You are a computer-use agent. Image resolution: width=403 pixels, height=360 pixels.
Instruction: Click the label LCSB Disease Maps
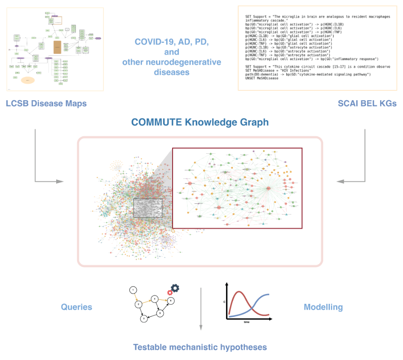pyautogui.click(x=46, y=104)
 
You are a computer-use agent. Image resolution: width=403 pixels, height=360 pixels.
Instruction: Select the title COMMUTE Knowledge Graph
pyautogui.click(x=200, y=122)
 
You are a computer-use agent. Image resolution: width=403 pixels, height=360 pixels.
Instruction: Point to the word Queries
pyautogui.click(x=77, y=307)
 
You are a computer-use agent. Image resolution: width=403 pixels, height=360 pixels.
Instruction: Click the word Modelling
pyautogui.click(x=323, y=307)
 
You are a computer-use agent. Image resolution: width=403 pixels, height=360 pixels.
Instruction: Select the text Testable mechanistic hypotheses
pyautogui.click(x=200, y=347)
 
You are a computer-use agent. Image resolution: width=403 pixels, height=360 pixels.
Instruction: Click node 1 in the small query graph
pyautogui.click(x=133, y=290)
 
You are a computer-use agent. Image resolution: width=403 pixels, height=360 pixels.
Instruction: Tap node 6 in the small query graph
pyautogui.click(x=171, y=301)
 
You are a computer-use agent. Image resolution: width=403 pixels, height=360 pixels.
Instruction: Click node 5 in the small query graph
pyautogui.click(x=160, y=313)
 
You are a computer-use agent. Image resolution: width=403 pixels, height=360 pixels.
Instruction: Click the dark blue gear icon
pyautogui.click(x=175, y=288)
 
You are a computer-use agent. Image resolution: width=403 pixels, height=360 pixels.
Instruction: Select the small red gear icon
pyautogui.click(x=169, y=292)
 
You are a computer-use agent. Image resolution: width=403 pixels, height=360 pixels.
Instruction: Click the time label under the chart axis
pyautogui.click(x=246, y=321)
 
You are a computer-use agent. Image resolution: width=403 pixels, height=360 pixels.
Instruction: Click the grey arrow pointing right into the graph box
pyautogui.click(x=58, y=181)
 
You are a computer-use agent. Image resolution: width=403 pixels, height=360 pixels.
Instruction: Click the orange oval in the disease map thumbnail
pyautogui.click(x=28, y=80)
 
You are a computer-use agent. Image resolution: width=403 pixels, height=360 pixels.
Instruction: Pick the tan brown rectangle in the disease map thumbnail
pyautogui.click(x=57, y=47)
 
